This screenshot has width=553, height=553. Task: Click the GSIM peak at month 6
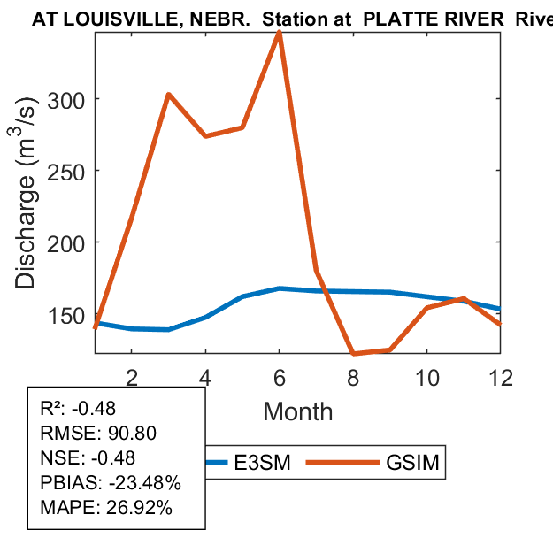coord(280,33)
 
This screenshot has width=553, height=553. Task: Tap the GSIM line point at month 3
coord(168,95)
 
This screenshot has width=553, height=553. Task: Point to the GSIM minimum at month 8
coord(353,354)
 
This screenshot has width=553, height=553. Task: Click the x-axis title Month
coord(298,411)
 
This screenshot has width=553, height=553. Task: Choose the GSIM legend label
coord(413,463)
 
